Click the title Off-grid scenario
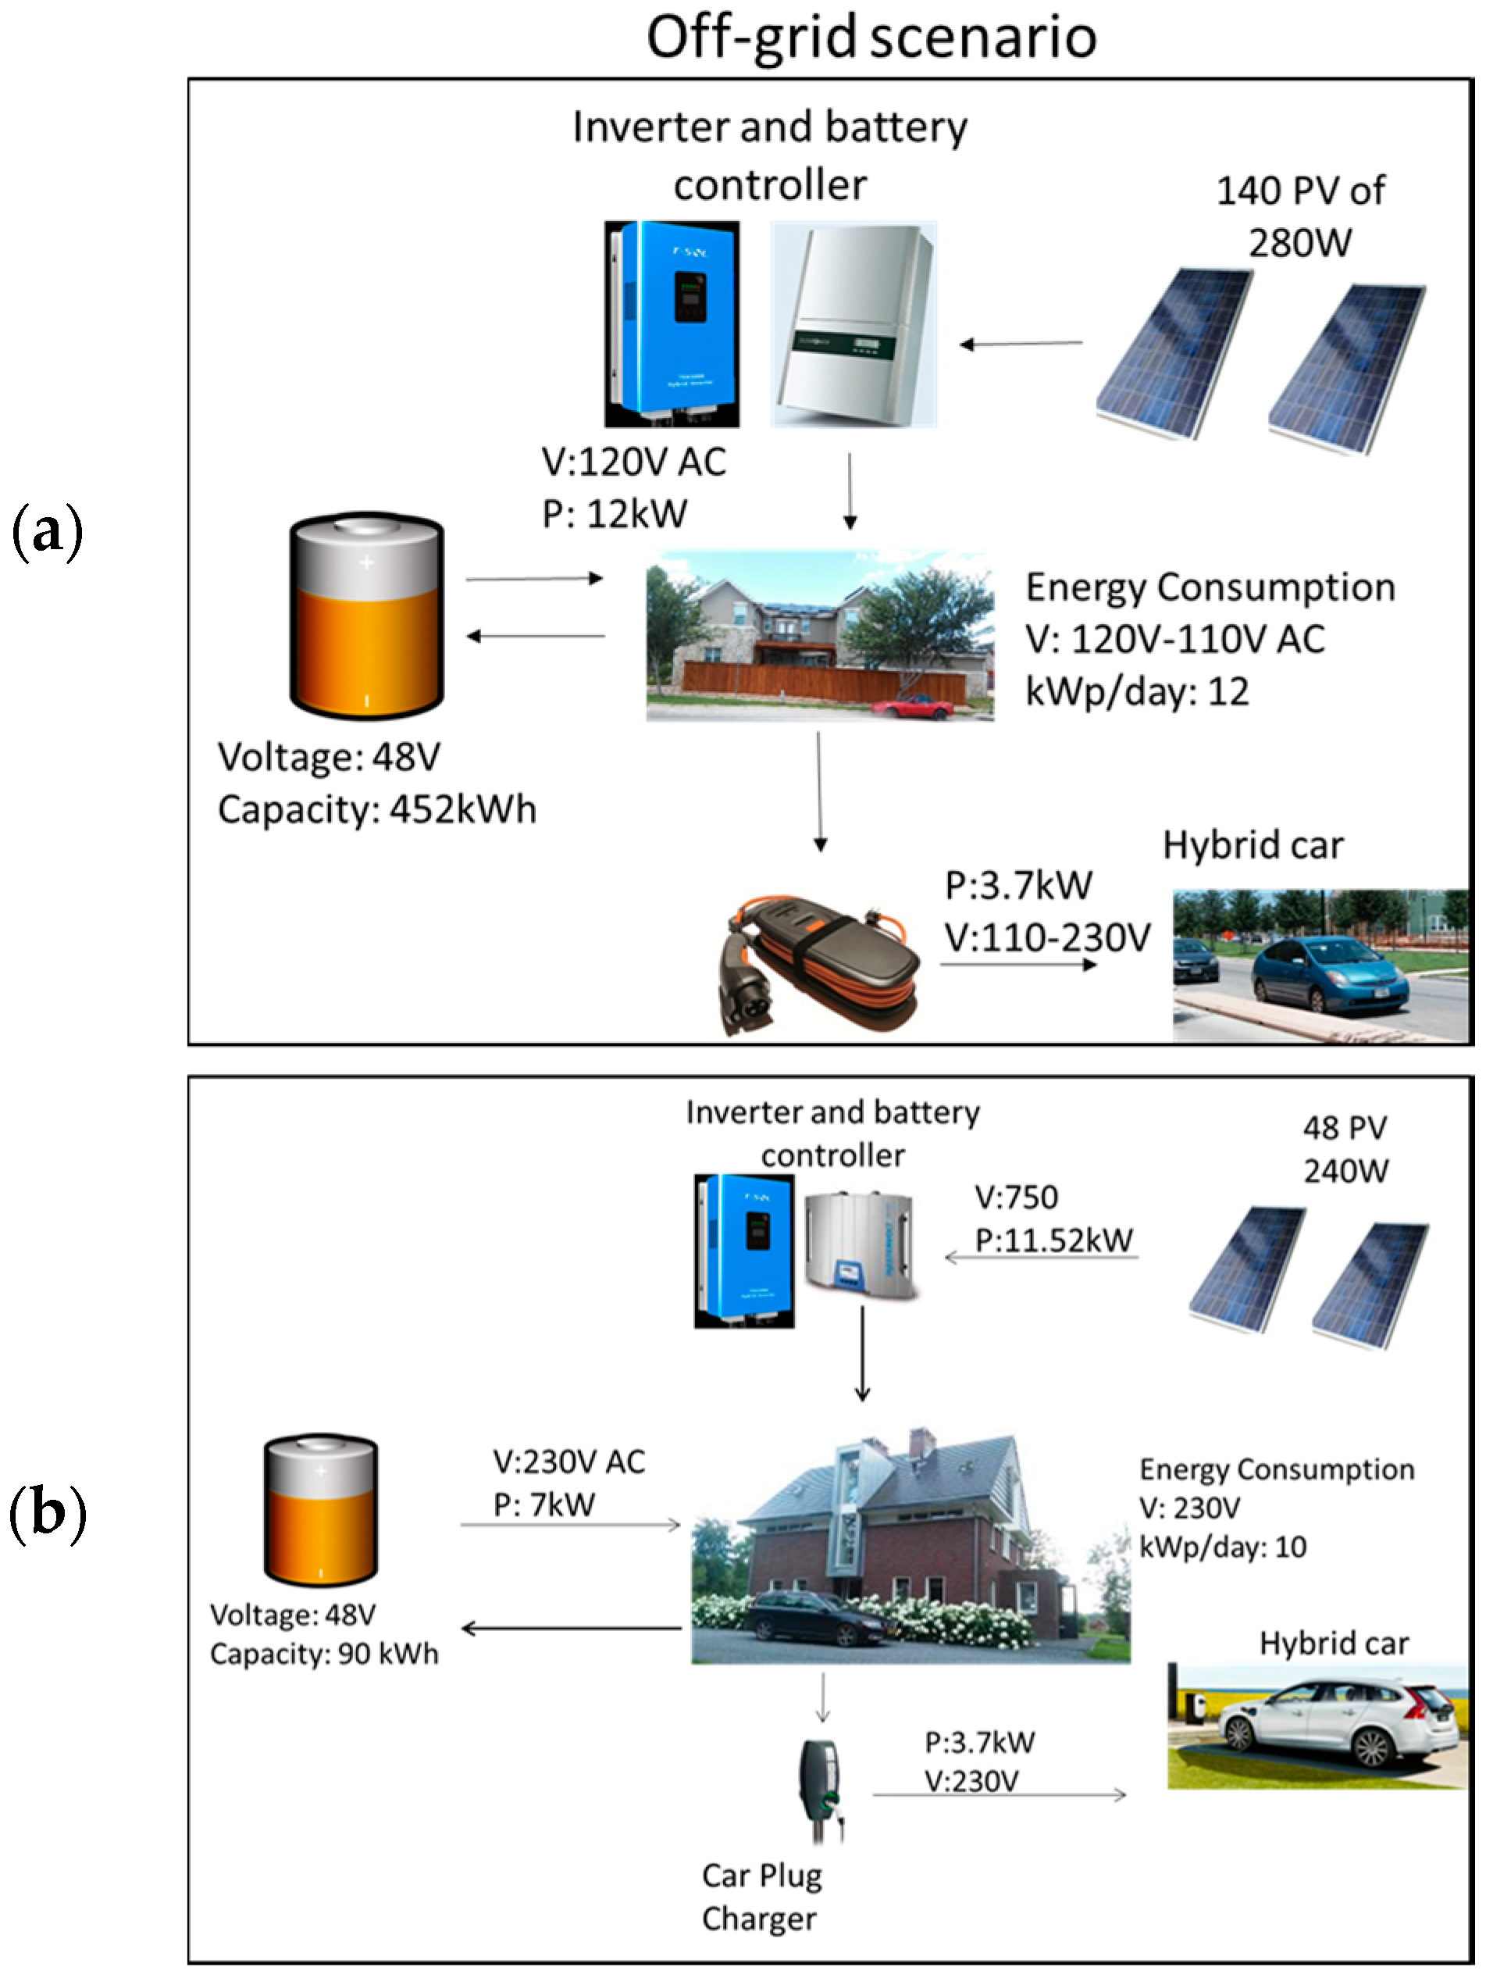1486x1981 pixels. (x=871, y=37)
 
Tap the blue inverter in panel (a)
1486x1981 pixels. (x=672, y=323)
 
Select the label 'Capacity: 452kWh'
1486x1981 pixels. (x=377, y=809)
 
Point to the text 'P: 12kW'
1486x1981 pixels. (x=615, y=514)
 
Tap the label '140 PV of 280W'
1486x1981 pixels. (x=1300, y=216)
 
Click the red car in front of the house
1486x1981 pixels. (x=911, y=707)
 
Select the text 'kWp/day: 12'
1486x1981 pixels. (x=1137, y=691)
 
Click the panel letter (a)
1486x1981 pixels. (x=48, y=532)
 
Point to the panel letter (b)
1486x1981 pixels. (x=48, y=1512)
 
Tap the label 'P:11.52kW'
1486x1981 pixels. (x=1053, y=1240)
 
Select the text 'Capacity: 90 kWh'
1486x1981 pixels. (x=324, y=1653)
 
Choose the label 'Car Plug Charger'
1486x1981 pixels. (x=761, y=1897)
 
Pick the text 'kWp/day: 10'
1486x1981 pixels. (x=1223, y=1547)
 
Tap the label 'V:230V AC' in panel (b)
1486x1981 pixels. (x=568, y=1462)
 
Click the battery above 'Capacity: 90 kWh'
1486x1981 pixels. (x=320, y=1510)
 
